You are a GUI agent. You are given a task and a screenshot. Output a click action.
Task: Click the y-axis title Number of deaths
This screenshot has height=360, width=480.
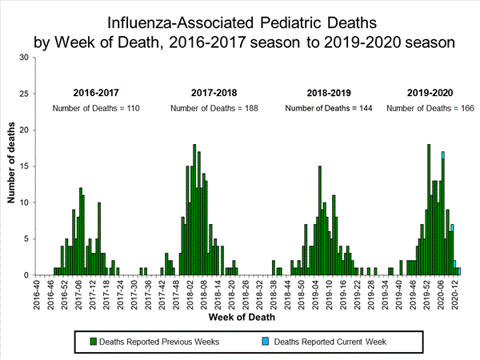click(12, 166)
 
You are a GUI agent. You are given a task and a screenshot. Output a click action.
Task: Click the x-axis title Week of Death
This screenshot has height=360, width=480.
click(245, 318)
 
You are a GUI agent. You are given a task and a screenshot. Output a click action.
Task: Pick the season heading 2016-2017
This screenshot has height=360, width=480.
click(97, 93)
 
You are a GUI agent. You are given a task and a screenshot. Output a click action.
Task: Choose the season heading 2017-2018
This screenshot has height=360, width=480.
click(214, 93)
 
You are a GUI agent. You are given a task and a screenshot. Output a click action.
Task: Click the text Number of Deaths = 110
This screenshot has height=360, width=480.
click(97, 108)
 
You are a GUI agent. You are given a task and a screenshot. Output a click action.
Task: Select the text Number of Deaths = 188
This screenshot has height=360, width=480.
click(213, 108)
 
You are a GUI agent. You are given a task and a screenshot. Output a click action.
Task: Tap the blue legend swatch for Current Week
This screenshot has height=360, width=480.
click(266, 342)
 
